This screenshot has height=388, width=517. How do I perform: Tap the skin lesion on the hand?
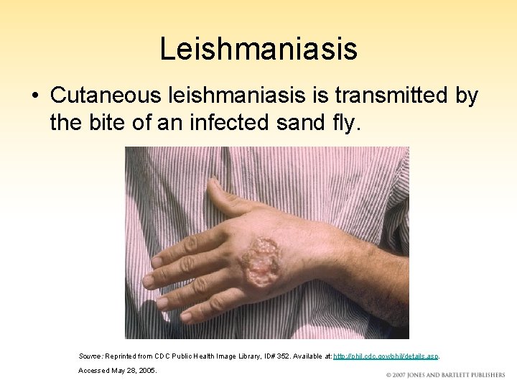[x=263, y=262]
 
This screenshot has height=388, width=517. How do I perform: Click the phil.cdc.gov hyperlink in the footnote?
[x=386, y=356]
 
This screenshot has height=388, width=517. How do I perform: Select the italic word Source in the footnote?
[x=90, y=356]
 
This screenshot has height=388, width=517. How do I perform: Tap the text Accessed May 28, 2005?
[x=118, y=371]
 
